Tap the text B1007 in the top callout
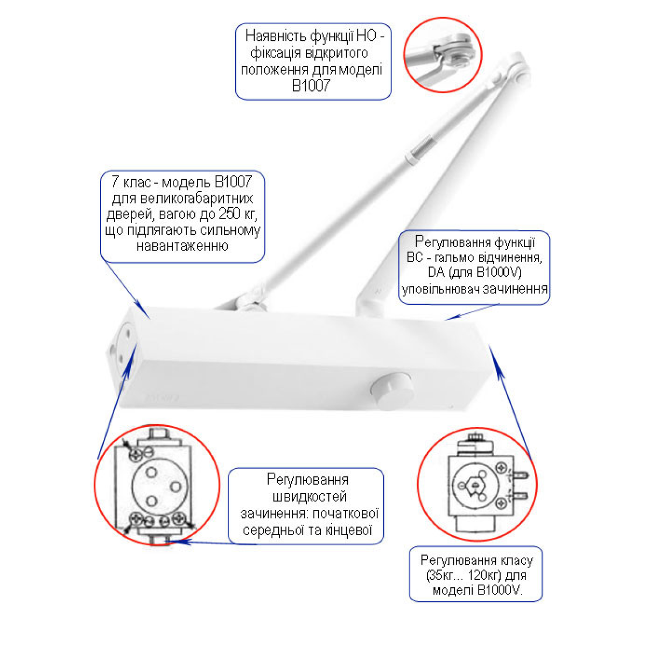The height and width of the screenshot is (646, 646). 311,86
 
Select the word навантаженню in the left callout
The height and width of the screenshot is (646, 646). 182,245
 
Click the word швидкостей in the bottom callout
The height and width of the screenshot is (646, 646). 310,496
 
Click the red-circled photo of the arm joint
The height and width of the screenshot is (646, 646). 443,55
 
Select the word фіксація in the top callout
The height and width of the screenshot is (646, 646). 275,53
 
